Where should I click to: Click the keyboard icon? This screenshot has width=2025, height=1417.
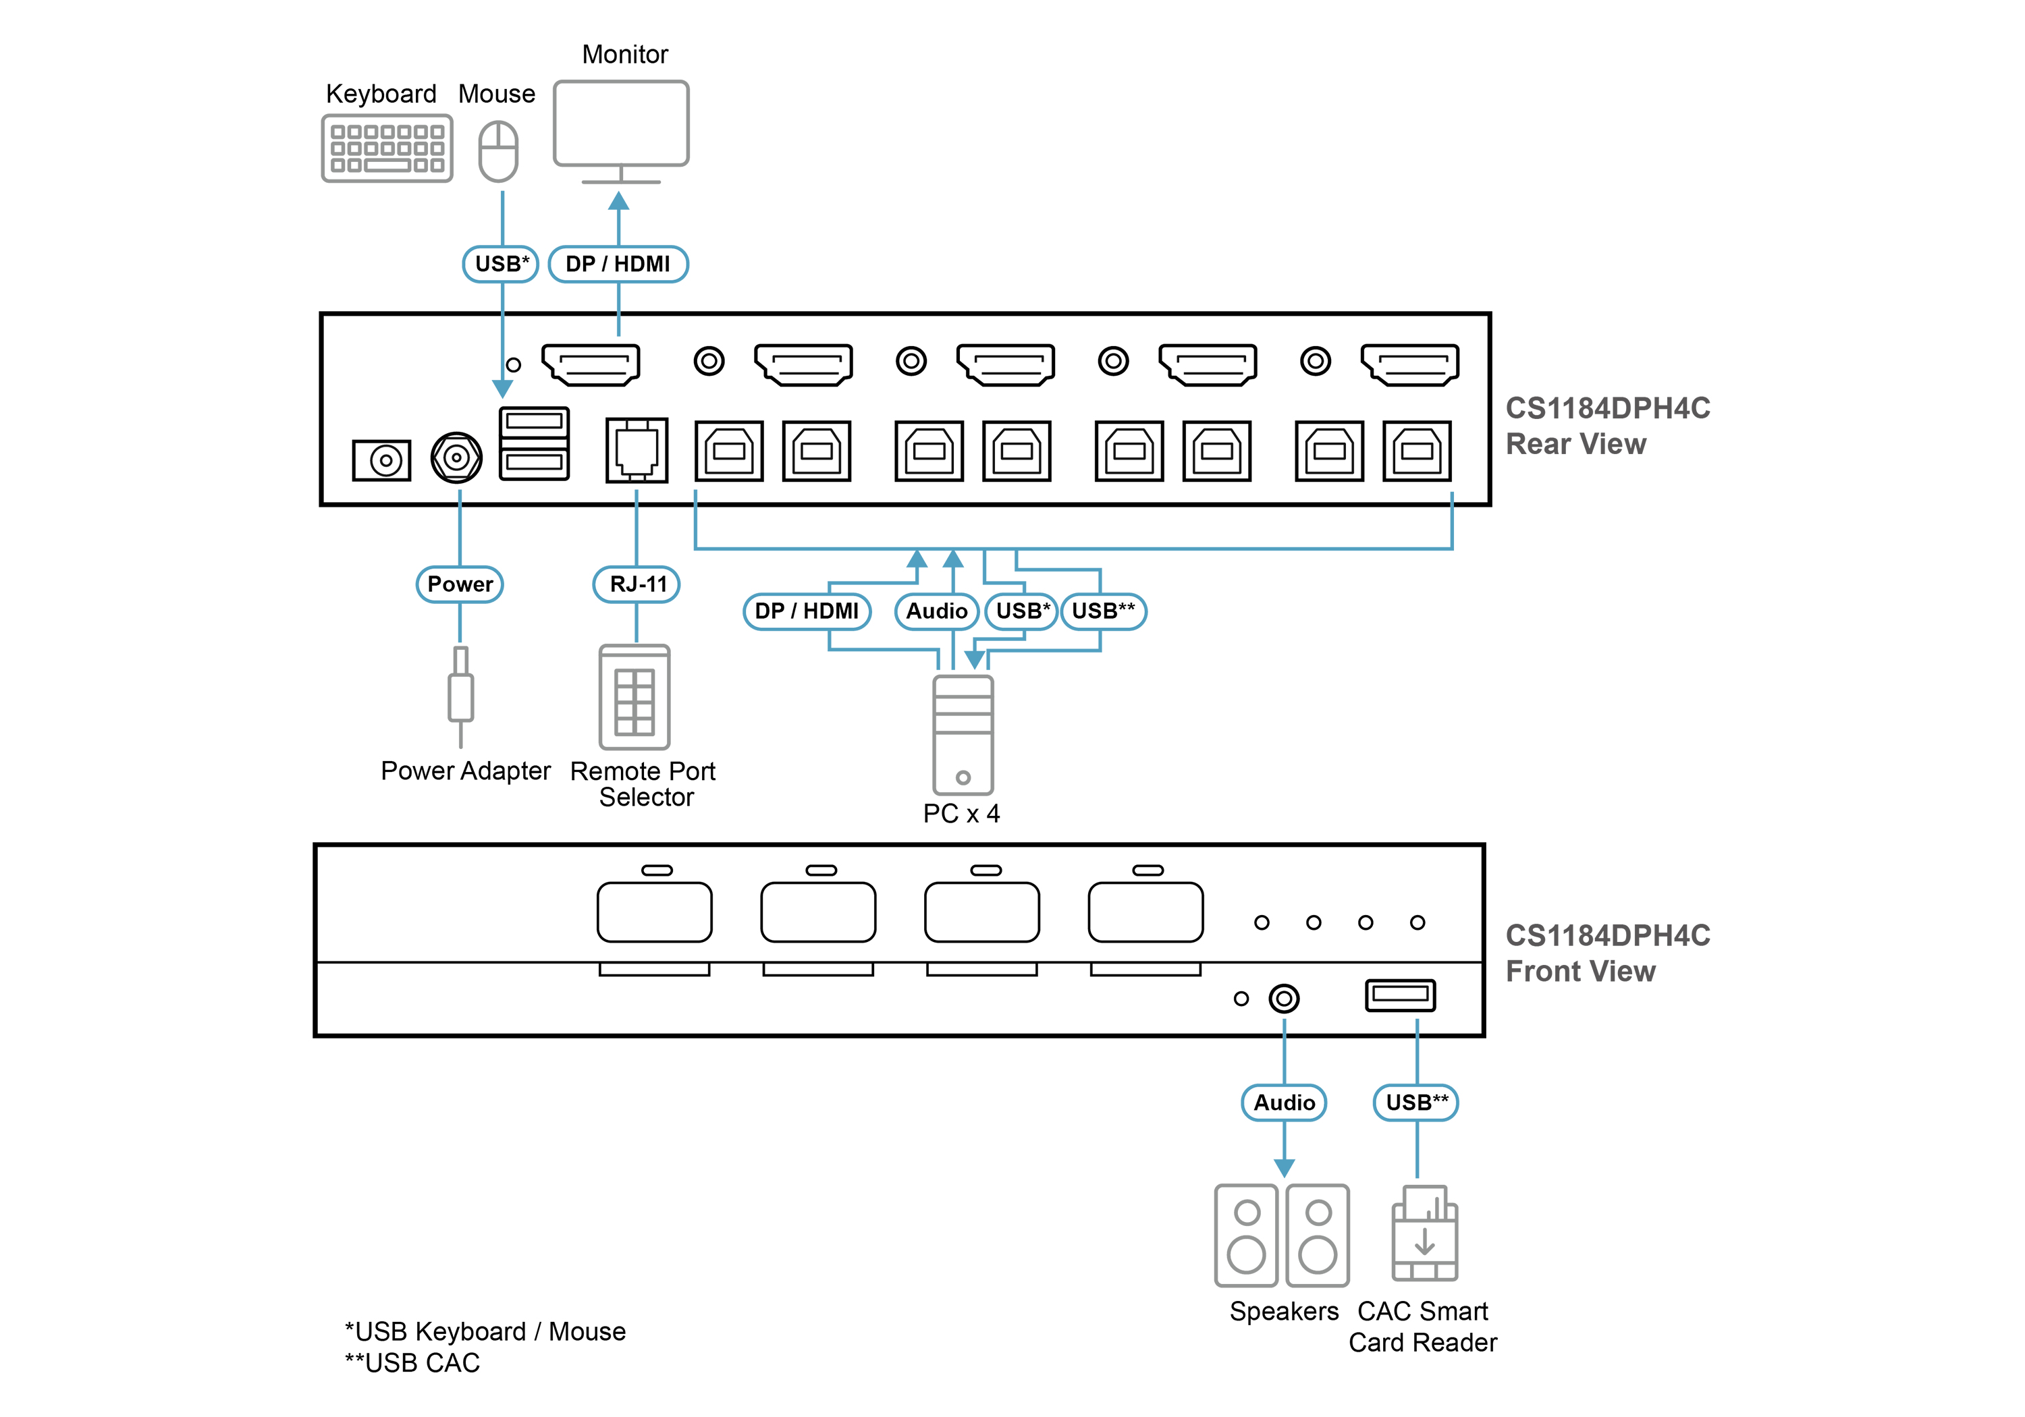pos(387,148)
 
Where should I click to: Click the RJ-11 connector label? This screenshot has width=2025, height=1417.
pos(637,584)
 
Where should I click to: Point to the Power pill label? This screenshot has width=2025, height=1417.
pos(460,584)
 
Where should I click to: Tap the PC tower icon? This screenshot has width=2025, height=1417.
pos(963,735)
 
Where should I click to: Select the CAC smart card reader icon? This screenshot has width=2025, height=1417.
pos(1424,1233)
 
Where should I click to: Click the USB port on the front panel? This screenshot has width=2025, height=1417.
pos(1401,995)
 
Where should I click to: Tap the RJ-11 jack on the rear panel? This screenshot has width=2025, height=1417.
pos(637,449)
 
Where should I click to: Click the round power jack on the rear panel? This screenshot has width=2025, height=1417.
pos(456,457)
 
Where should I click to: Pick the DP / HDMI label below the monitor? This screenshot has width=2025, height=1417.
pos(618,265)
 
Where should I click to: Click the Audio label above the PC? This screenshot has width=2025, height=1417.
pos(937,612)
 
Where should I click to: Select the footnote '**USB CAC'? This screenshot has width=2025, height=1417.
pos(412,1363)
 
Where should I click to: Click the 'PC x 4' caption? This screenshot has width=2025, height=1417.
pos(961,814)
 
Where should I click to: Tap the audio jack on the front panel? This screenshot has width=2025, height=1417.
pos(1284,998)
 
